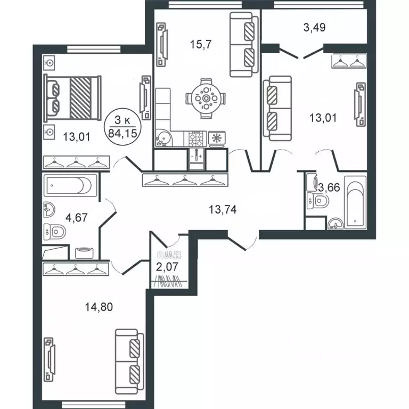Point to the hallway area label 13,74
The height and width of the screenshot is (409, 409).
tap(222, 209)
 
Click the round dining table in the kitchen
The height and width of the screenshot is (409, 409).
tap(206, 99)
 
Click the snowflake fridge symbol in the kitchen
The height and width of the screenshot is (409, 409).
tap(217, 138)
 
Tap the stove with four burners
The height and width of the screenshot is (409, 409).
tap(195, 138)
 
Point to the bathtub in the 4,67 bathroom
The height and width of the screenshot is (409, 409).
tap(70, 186)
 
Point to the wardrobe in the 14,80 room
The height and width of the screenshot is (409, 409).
tap(73, 270)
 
